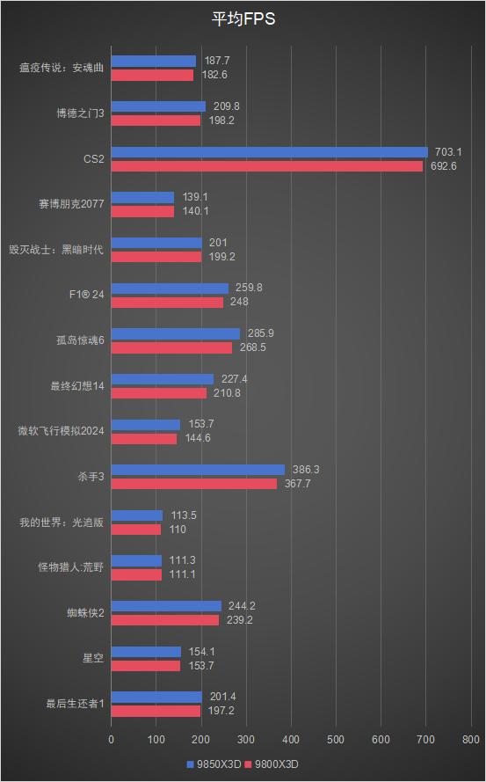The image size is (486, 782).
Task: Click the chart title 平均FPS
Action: pyautogui.click(x=243, y=19)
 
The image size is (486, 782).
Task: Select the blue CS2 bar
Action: pyautogui.click(x=269, y=152)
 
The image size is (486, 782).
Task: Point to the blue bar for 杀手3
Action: pyautogui.click(x=198, y=470)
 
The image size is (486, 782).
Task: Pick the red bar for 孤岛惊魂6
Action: pyautogui.click(x=171, y=347)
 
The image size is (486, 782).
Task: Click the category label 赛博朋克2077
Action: pyautogui.click(x=71, y=204)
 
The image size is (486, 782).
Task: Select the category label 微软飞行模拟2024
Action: pyautogui.click(x=62, y=431)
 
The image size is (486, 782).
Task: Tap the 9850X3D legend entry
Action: pyautogui.click(x=214, y=764)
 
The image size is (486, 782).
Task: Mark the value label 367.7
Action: pyautogui.click(x=297, y=483)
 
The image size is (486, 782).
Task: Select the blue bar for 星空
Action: pyautogui.click(x=146, y=652)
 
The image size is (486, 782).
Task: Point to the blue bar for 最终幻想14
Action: pyautogui.click(x=163, y=379)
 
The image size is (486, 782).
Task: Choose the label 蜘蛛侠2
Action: pyautogui.click(x=85, y=612)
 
